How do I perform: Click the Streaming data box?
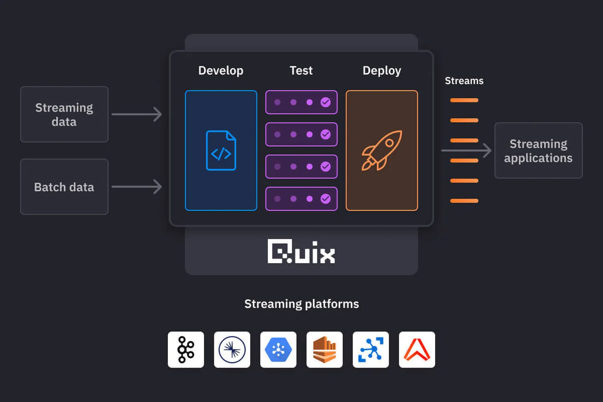tap(64, 114)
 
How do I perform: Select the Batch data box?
tap(64, 187)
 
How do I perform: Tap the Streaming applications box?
tap(538, 150)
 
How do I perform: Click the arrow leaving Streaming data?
tap(137, 114)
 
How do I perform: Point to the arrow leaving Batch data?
tap(137, 187)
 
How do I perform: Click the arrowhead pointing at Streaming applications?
tap(487, 150)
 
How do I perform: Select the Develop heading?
tap(221, 70)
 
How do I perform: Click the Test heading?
tap(301, 70)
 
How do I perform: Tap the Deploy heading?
tap(381, 70)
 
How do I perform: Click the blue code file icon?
tap(221, 150)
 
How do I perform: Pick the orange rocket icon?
tap(381, 150)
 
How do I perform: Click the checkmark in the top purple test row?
tap(325, 102)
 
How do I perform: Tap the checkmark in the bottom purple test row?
tap(325, 199)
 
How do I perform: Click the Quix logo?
tap(301, 252)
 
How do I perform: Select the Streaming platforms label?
tap(301, 304)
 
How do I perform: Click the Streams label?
tap(464, 81)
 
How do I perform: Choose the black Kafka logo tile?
tap(186, 350)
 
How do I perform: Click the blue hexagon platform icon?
tap(278, 350)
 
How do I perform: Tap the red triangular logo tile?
tap(417, 350)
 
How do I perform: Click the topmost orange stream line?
tap(464, 100)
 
